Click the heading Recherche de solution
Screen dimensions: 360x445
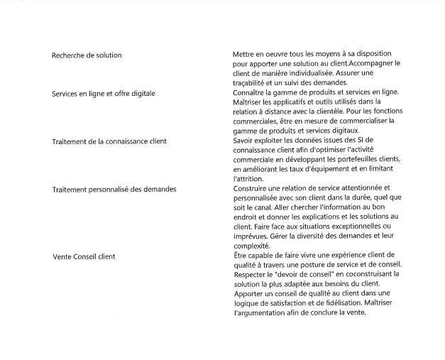(87, 55)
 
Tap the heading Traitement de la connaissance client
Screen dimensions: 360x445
(109, 141)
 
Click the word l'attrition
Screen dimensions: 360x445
(249, 179)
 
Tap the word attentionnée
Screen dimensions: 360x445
(362, 188)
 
